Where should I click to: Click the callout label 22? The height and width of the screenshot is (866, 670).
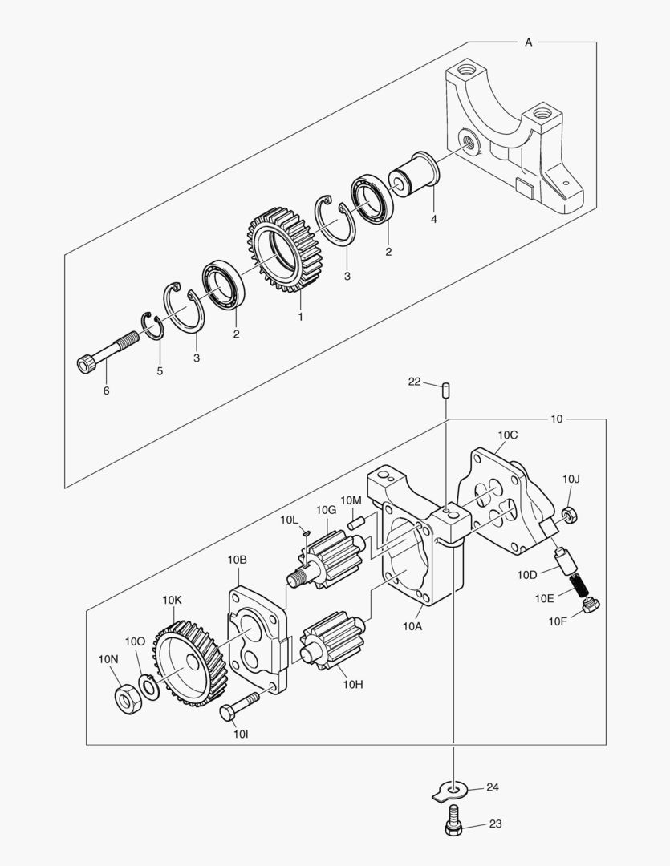pos(414,382)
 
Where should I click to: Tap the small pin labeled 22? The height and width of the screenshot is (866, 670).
pos(445,391)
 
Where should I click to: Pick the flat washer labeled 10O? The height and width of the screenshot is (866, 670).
pos(148,684)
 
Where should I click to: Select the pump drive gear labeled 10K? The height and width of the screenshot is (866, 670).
pos(186,662)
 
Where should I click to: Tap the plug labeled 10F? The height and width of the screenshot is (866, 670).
pos(591,607)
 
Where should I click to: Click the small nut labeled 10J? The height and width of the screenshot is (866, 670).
pos(571,514)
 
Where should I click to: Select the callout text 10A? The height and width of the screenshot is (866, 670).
pos(412,626)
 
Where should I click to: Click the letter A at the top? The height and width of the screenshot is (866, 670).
pos(528,42)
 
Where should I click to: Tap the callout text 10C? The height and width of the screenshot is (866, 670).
pos(507,435)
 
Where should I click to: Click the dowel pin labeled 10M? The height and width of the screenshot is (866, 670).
pos(356,521)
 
